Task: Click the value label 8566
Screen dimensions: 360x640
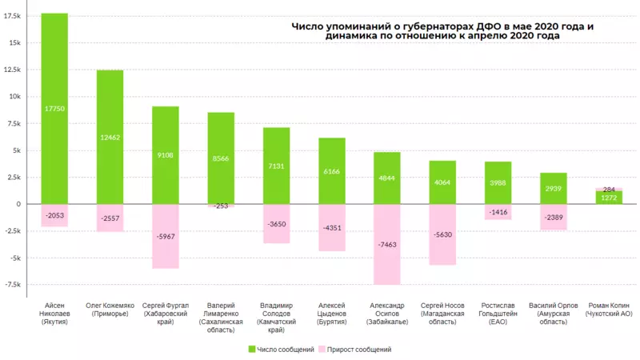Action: pos(221,159)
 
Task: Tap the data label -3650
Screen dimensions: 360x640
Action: pos(277,225)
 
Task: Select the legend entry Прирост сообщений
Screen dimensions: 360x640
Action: pos(355,350)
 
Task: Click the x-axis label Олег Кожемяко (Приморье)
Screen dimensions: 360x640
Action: pos(110,310)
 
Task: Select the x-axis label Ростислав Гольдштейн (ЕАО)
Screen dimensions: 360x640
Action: pos(498,314)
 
